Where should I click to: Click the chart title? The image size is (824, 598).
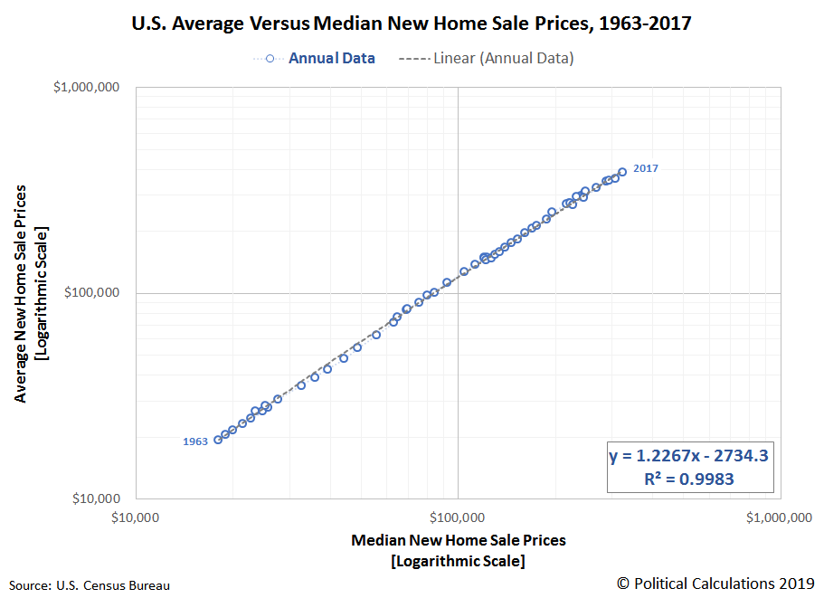412,24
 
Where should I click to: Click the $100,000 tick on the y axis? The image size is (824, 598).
97,293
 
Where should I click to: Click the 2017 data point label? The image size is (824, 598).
646,168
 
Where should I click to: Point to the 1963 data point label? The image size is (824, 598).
195,441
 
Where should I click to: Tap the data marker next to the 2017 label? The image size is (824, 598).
622,171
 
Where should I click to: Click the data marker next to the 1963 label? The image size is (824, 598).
218,440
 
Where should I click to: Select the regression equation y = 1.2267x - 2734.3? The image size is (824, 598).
689,456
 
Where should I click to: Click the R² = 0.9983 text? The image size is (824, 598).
689,479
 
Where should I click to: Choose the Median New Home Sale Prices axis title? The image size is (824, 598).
458,540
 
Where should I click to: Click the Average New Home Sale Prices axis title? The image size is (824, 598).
21,294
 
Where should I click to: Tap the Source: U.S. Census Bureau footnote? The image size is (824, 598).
89,585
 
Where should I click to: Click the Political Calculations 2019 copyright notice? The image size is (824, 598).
715,583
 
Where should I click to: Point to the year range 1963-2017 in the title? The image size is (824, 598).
643,24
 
